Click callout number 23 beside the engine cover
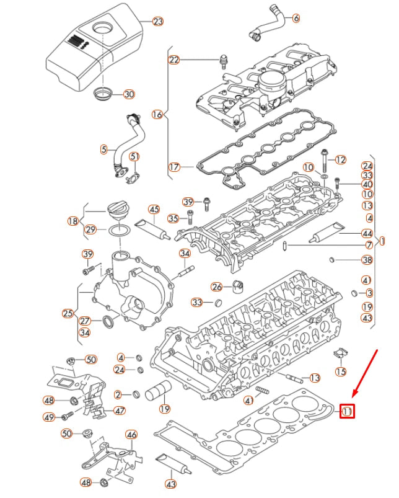coord(158,21)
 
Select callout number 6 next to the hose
coord(296,19)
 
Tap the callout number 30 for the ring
coord(128,94)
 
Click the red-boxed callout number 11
coord(347,411)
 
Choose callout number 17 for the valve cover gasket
coord(174,167)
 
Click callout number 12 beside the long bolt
coord(340,159)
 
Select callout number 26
coord(216,287)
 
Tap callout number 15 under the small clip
coord(340,371)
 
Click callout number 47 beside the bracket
coord(120,411)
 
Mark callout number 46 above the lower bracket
coord(131,435)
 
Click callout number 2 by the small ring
coord(118,394)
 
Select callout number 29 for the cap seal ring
coord(90,229)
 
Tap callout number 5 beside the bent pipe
coord(104,149)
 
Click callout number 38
coord(367,260)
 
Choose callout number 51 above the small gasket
coord(134,156)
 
